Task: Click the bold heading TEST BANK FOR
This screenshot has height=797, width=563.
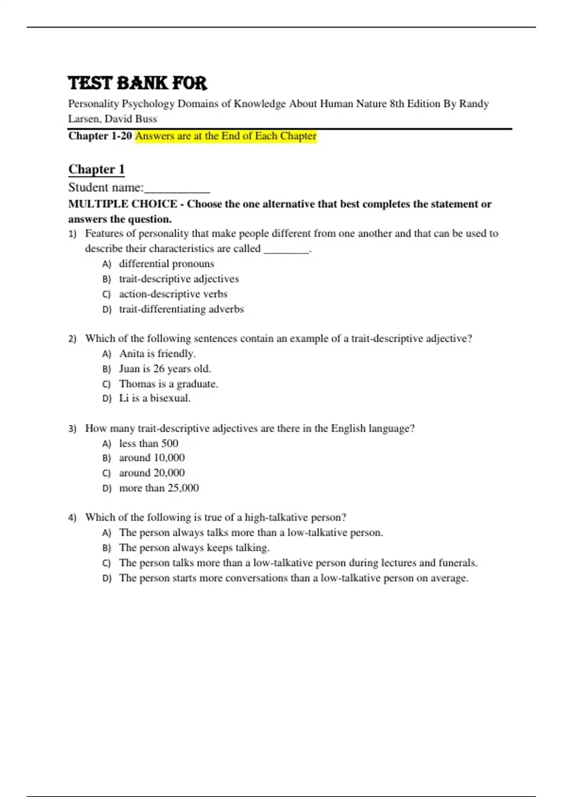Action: pyautogui.click(x=137, y=83)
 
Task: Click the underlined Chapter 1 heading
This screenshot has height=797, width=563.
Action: pyautogui.click(x=96, y=169)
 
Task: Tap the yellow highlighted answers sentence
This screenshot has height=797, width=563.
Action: pyautogui.click(x=226, y=136)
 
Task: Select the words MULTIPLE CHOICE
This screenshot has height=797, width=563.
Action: pyautogui.click(x=122, y=204)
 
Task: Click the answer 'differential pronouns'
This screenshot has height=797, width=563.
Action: pyautogui.click(x=166, y=263)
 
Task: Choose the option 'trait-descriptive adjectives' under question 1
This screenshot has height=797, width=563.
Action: pyautogui.click(x=179, y=279)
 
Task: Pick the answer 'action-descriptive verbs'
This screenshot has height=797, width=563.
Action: pyautogui.click(x=173, y=294)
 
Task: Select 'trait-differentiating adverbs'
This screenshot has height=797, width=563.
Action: pyautogui.click(x=181, y=309)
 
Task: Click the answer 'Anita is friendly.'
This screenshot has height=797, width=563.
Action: pyautogui.click(x=157, y=353)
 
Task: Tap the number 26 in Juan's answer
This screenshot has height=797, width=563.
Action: pyautogui.click(x=159, y=368)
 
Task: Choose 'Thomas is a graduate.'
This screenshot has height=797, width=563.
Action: pyautogui.click(x=168, y=384)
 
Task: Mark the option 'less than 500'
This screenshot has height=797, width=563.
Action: pyautogui.click(x=148, y=444)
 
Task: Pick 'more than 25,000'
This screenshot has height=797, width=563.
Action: pyautogui.click(x=159, y=488)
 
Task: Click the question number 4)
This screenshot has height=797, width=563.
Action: pyautogui.click(x=72, y=518)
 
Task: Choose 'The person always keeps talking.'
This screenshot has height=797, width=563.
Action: pyautogui.click(x=194, y=548)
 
